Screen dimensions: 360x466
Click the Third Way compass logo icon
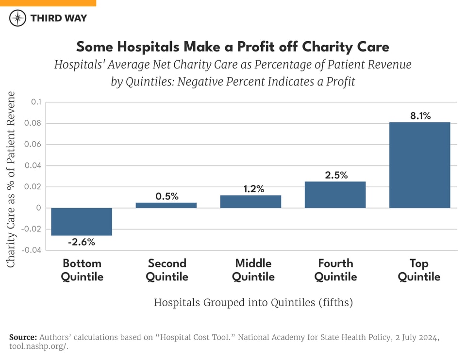17,18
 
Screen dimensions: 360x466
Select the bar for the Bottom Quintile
82,222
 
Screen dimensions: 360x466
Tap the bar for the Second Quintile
166,205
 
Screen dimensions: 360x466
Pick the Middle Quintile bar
250,202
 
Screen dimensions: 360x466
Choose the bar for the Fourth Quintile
335,195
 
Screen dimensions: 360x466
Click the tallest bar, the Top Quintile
419,165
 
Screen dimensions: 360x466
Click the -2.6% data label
82,242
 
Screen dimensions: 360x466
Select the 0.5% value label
166,196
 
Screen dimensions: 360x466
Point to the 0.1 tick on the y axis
36,102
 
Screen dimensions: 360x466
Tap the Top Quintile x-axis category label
419,270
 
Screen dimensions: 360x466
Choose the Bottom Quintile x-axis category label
82,270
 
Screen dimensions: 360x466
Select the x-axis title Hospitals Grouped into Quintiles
253,303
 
